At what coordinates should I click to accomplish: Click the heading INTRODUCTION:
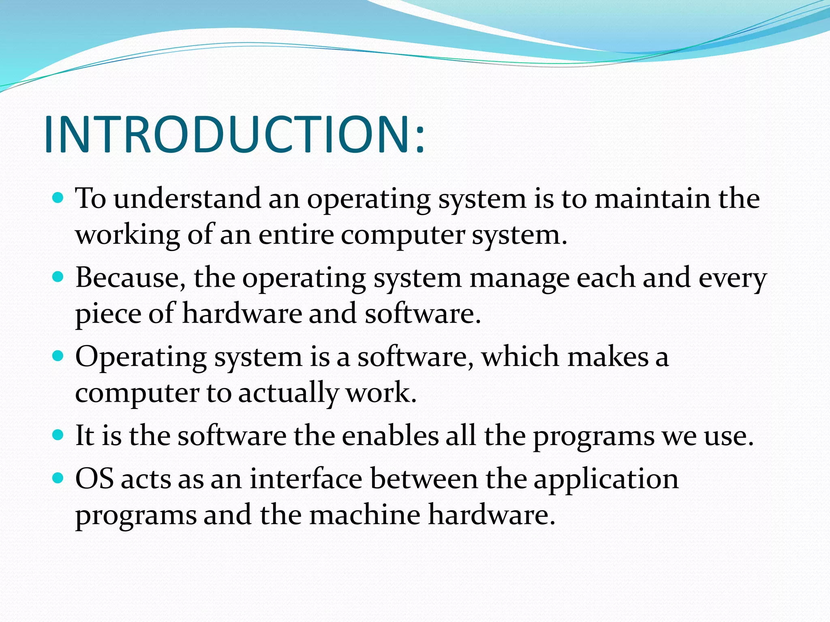(234, 134)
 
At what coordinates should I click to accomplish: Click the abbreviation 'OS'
(94, 479)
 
